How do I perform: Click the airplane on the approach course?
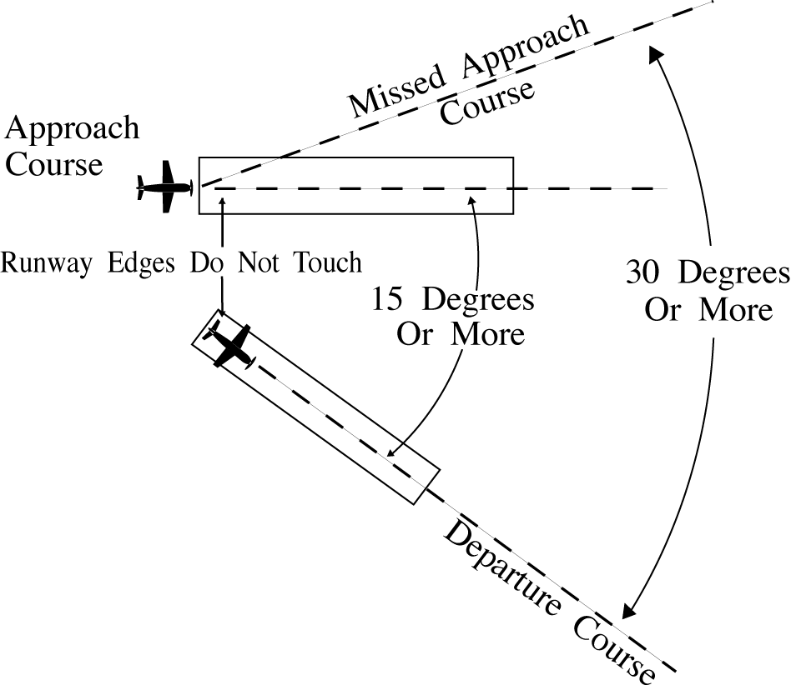click(165, 187)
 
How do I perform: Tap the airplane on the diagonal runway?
click(231, 344)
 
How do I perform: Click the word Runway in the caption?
click(47, 263)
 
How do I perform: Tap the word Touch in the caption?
click(328, 263)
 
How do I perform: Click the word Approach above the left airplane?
click(72, 129)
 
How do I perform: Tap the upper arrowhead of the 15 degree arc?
click(473, 201)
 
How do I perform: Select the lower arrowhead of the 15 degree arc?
click(392, 453)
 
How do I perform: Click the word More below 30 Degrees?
click(734, 311)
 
